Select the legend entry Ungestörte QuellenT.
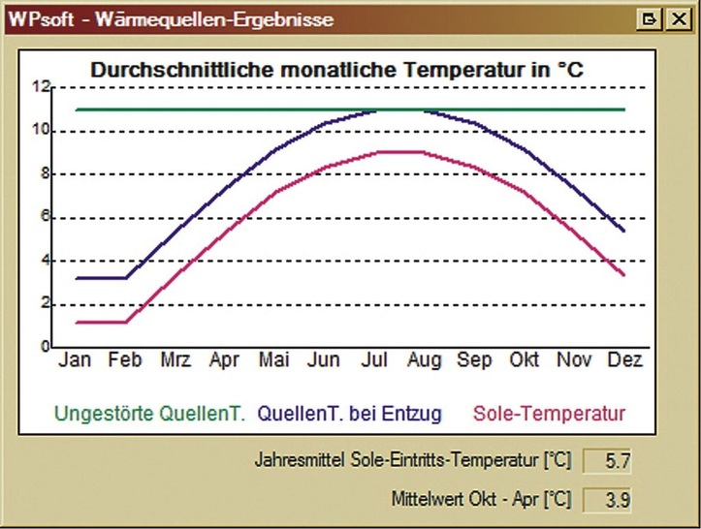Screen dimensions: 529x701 (149, 414)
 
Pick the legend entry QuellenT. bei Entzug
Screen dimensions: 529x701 (350, 414)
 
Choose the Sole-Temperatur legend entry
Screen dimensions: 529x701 (550, 414)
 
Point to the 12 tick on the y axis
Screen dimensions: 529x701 (40, 86)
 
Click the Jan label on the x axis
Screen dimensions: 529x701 (75, 361)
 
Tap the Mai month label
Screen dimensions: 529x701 (274, 361)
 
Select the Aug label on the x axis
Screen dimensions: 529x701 (424, 361)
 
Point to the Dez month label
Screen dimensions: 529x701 (623, 361)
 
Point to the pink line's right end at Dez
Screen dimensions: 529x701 (623, 275)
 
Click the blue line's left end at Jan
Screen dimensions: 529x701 (76, 278)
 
